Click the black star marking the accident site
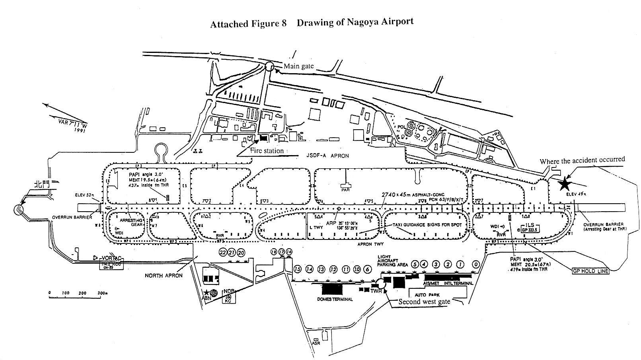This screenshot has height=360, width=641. click(564, 184)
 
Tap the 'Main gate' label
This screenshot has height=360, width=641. click(298, 66)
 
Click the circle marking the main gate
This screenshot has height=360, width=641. click(269, 66)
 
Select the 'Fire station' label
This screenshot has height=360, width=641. click(267, 151)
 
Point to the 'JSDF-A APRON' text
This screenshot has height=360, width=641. click(328, 156)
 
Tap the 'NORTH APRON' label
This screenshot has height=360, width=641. click(164, 275)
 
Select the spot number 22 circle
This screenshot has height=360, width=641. click(223, 253)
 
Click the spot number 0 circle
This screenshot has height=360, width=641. click(475, 264)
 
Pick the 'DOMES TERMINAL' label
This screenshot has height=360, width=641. click(335, 299)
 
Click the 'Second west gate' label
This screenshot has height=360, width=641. click(425, 302)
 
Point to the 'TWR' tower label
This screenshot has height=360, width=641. click(376, 291)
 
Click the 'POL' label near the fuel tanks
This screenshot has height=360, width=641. click(401, 127)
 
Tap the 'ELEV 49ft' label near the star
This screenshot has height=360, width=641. click(575, 195)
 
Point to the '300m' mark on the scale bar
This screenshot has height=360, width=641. click(102, 293)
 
